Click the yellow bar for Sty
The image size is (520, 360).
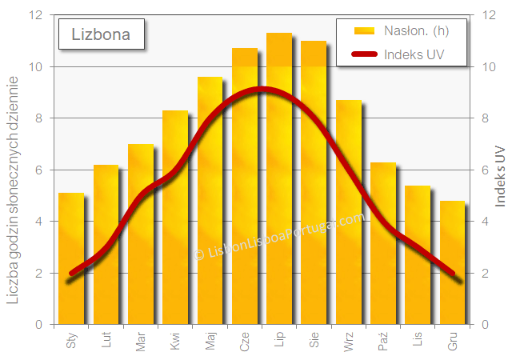pyautogui.click(x=71, y=258)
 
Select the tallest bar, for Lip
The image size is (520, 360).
pyautogui.click(x=279, y=178)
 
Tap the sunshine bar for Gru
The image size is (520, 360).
pyautogui.click(x=452, y=262)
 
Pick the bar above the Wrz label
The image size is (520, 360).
pyautogui.click(x=349, y=212)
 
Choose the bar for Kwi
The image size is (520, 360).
pyautogui.click(x=175, y=217)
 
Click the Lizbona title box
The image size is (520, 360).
pyautogui.click(x=102, y=34)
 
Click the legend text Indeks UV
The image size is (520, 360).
pyautogui.click(x=414, y=54)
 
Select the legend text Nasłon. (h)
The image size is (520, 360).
pyautogui.click(x=417, y=31)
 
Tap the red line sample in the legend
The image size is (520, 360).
pyautogui.click(x=365, y=54)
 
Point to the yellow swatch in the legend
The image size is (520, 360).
pyautogui.click(x=364, y=31)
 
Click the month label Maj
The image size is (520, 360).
pyautogui.click(x=210, y=341)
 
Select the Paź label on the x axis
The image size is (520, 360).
pyautogui.click(x=382, y=341)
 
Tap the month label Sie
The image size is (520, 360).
pyautogui.click(x=314, y=340)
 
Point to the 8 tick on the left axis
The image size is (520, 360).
pyautogui.click(x=39, y=118)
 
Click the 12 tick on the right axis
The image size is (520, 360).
pyautogui.click(x=489, y=15)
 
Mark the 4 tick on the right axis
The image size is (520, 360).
pyautogui.click(x=485, y=221)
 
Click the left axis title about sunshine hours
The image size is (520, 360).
pyautogui.click(x=13, y=190)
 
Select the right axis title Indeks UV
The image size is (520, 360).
pyautogui.click(x=500, y=176)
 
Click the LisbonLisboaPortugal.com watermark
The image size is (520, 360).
pyautogui.click(x=279, y=236)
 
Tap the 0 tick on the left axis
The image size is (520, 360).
pyautogui.click(x=39, y=324)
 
